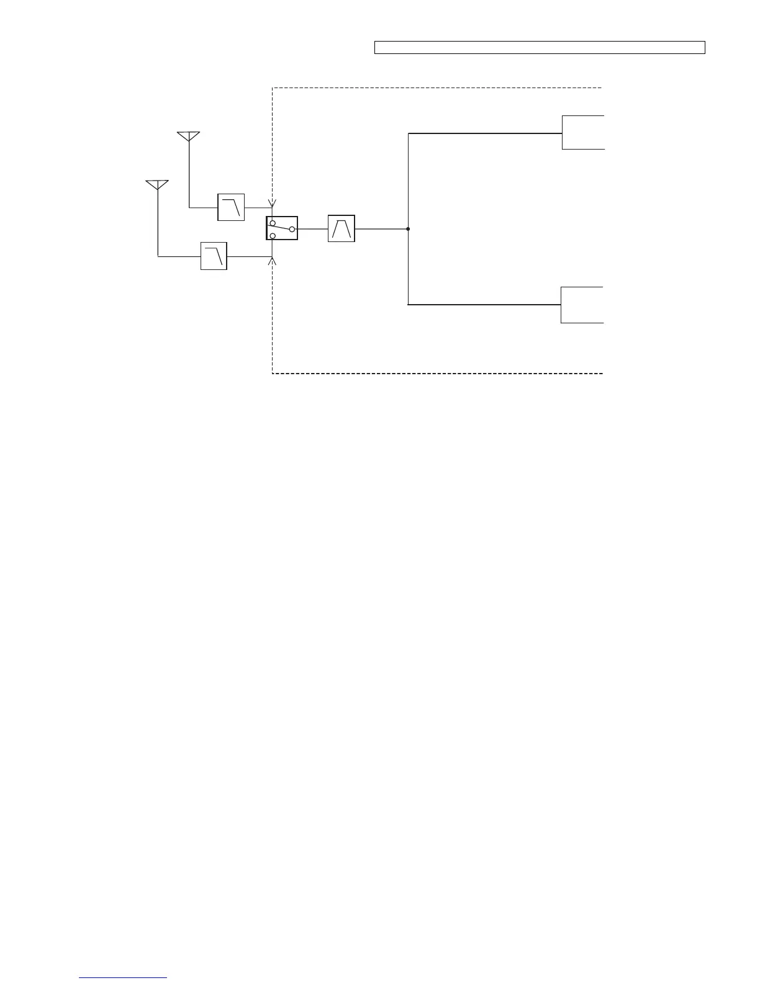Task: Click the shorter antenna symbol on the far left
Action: (158, 184)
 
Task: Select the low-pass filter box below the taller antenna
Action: (231, 207)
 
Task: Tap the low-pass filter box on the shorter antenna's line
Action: (214, 256)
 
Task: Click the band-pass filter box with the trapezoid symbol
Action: (341, 228)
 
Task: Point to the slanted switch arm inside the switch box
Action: (281, 227)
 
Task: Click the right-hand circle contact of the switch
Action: (292, 229)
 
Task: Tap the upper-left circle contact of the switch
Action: (273, 222)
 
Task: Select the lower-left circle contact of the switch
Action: (273, 236)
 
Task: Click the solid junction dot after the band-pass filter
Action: (408, 229)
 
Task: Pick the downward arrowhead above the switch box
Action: (272, 204)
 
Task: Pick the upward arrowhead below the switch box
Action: (272, 261)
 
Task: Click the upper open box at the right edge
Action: (583, 132)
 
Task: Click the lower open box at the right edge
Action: (582, 305)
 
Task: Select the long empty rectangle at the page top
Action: (540, 48)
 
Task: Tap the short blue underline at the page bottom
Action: (124, 977)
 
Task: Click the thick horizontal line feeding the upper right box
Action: (484, 133)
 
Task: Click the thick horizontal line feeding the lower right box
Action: (484, 305)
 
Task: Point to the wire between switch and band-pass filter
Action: (313, 229)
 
